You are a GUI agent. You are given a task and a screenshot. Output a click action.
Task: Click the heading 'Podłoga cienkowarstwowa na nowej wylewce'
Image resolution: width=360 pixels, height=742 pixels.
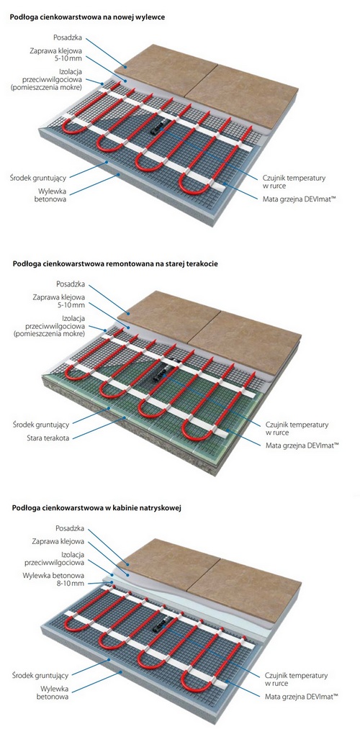[87, 17]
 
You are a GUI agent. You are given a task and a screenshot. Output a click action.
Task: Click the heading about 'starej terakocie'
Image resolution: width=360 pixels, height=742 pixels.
[115, 264]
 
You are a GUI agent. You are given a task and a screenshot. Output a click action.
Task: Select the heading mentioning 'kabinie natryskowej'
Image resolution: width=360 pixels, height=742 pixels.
[96, 508]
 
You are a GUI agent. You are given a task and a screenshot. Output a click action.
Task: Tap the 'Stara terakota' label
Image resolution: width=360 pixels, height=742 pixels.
[48, 438]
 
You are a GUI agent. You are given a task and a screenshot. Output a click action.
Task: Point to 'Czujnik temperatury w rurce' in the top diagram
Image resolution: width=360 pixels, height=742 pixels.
[294, 181]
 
